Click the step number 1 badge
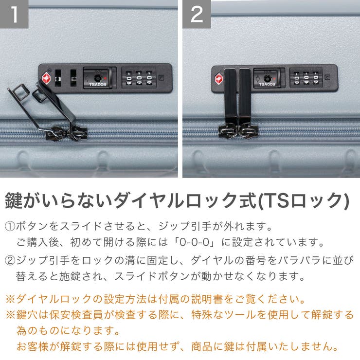pos(14,14)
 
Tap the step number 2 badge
pos(197,14)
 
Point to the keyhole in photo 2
pos(267,77)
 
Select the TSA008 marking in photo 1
pos(97,85)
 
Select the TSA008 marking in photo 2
pos(267,84)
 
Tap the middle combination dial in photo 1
pos(139,78)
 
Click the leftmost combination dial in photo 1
pos(129,78)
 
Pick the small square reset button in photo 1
pos(162,77)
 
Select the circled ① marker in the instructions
pos(10,226)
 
